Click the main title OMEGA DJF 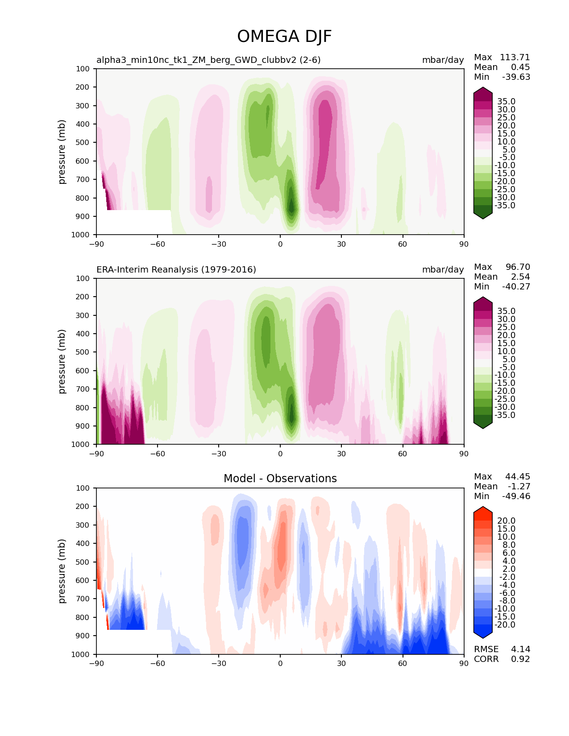(x=284, y=37)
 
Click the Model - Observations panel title (x=280, y=479)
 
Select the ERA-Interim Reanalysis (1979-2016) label (x=176, y=269)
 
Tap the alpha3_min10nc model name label (x=208, y=60)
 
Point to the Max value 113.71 (x=515, y=57)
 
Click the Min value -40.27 (x=516, y=286)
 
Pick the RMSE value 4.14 (x=520, y=649)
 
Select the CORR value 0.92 (x=520, y=659)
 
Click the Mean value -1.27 (x=519, y=486)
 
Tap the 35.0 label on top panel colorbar (x=506, y=102)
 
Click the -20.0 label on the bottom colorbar (x=505, y=624)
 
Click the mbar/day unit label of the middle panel (x=443, y=269)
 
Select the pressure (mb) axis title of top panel (x=62, y=152)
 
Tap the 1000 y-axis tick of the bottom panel (x=81, y=654)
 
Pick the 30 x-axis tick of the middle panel (x=341, y=454)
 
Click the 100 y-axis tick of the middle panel (x=83, y=278)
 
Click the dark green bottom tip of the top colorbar (x=483, y=215)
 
